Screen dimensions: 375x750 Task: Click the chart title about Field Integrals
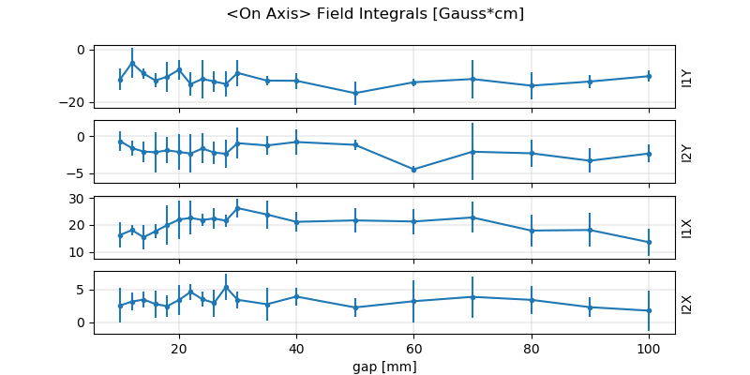point(375,14)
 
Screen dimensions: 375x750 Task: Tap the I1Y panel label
point(687,77)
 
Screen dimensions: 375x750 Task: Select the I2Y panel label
point(687,152)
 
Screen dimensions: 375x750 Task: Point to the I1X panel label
point(687,227)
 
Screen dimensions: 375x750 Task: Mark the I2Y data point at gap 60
point(413,170)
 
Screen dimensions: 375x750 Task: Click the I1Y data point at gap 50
point(354,93)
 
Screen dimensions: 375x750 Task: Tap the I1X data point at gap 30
point(237,208)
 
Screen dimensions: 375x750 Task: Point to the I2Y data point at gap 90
point(590,160)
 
